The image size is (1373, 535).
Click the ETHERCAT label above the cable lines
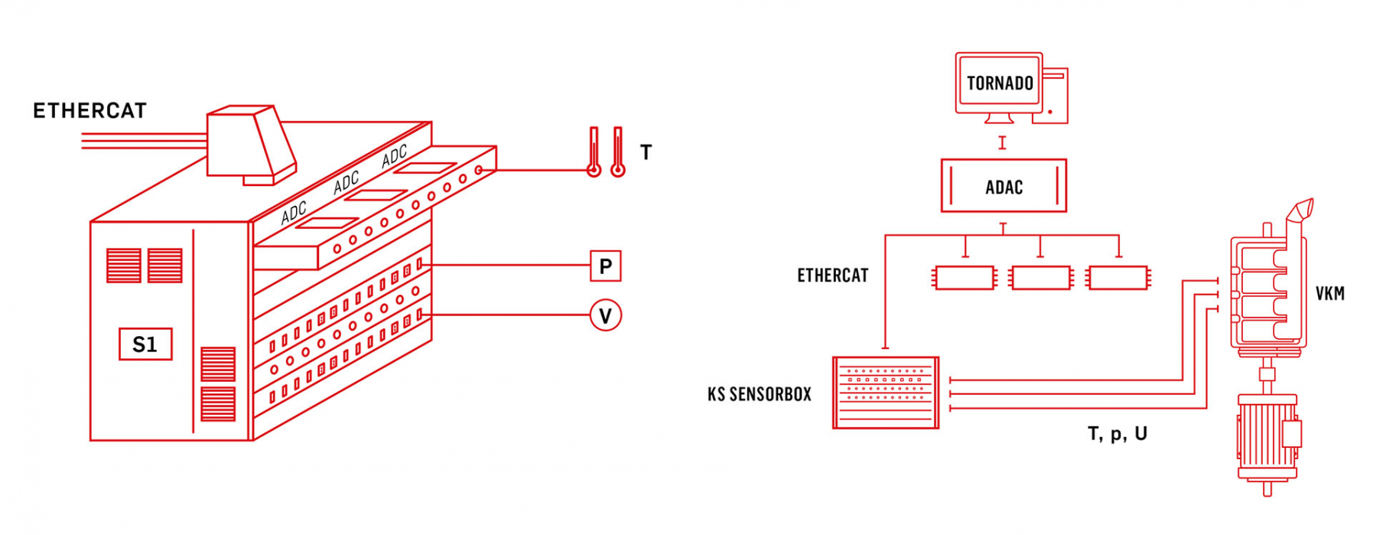89,111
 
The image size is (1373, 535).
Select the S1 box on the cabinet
145,344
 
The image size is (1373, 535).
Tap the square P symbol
605,266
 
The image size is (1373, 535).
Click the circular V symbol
605,315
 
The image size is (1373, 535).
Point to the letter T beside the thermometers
646,152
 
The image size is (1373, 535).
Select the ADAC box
1004,186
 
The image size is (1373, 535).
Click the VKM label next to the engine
1329,293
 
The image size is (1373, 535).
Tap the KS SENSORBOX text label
759,394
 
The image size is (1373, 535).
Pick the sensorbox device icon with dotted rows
886,393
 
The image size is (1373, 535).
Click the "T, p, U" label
1117,434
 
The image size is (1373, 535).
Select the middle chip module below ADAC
1040,278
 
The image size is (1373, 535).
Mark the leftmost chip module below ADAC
965,278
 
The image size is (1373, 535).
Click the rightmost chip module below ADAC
1118,278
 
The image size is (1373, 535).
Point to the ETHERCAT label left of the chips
833,276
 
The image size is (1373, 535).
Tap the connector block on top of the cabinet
252,145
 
